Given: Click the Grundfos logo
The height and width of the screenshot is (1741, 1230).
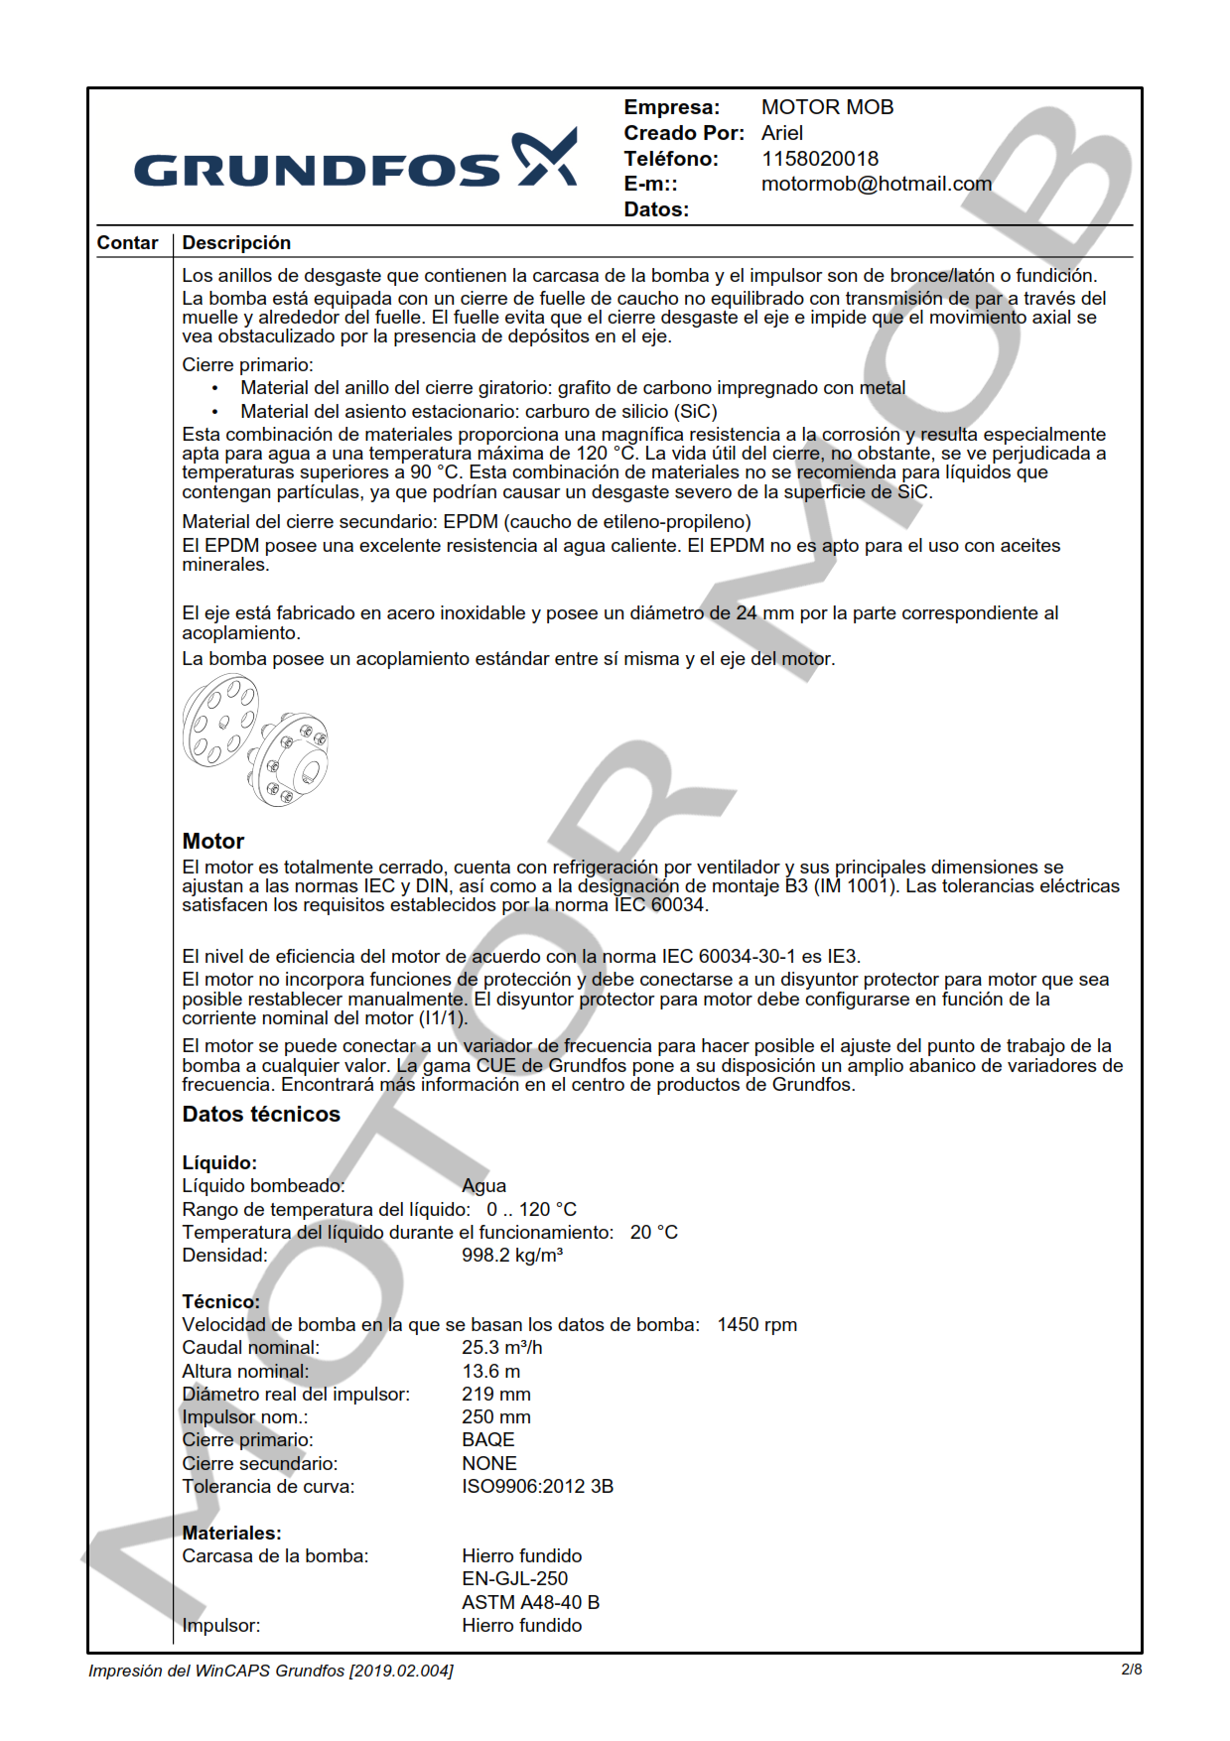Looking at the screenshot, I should pos(354,160).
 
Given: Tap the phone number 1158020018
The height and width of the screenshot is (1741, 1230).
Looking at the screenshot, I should pos(819,159).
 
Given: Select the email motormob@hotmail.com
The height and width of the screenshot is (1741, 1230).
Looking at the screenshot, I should pos(876,184).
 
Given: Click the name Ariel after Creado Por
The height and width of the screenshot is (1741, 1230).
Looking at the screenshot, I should pos(782,133).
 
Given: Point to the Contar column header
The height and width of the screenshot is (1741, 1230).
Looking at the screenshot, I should pos(127,243).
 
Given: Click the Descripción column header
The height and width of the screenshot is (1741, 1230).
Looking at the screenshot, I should pos(236,243).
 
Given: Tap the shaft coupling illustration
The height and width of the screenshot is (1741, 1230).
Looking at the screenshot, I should pos(255,739).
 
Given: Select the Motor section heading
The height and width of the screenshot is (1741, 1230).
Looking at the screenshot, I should pos(212,841).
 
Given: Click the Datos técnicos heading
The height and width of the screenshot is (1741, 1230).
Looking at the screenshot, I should pos(261,1114).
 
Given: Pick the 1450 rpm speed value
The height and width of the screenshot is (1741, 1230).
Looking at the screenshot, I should pos(756,1324).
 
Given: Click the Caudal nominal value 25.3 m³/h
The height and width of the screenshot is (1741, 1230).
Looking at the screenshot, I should pos(501,1347).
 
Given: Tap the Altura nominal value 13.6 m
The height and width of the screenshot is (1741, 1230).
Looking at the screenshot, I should pos(490,1371).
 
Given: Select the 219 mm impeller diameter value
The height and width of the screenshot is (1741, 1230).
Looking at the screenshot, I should pos(495,1394).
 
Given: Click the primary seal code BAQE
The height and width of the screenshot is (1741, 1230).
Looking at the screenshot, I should pos(487,1439).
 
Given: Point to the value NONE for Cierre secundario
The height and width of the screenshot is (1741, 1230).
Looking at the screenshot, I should pos(488,1463).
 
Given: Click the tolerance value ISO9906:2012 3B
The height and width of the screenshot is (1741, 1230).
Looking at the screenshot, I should pos(537,1486).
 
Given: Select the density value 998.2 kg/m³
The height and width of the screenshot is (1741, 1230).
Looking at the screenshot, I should pos(511,1255).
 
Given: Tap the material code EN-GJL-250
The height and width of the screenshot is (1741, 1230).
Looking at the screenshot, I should pos(514,1578).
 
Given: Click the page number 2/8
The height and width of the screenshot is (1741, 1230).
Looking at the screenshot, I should pos(1131,1670).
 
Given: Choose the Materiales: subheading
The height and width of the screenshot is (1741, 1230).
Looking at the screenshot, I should pos(231,1533).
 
